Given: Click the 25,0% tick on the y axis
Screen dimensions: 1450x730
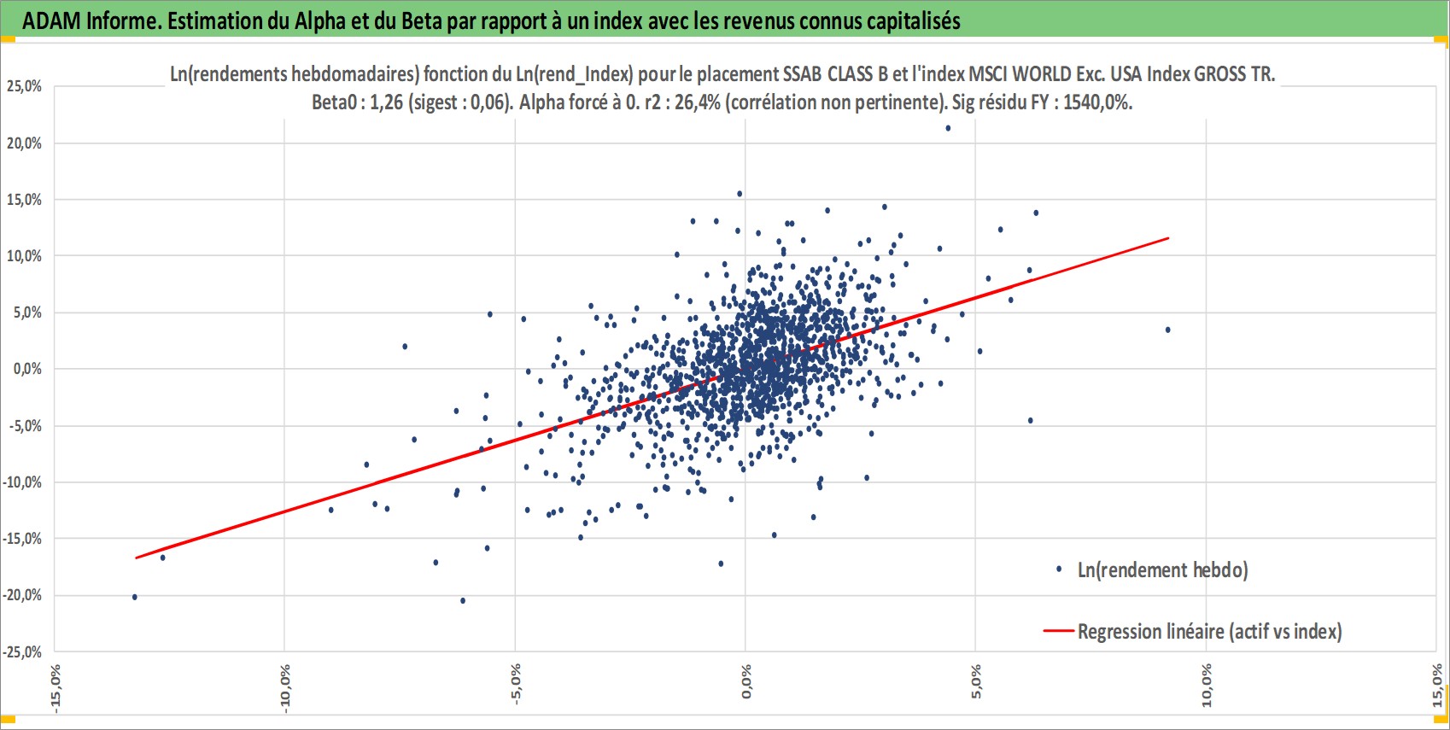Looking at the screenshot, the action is click(24, 86).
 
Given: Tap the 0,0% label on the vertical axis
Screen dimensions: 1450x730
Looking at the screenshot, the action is click(27, 369).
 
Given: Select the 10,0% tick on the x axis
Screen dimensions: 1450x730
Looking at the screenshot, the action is click(1206, 686).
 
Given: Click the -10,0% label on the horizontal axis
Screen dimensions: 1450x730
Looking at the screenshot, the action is click(285, 688).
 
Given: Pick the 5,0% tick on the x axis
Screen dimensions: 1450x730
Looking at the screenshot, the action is click(975, 681).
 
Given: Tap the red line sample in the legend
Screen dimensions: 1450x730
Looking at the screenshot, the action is click(1058, 631).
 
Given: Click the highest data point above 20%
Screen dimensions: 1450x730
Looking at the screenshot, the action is click(949, 128).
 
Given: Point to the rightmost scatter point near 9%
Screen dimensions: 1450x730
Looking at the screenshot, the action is click(1167, 330).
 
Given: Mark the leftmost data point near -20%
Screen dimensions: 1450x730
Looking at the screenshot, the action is click(135, 597).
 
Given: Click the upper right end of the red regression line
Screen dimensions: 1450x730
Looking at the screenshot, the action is click(1168, 238).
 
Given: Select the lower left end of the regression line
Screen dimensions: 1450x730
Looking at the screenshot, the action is click(136, 558).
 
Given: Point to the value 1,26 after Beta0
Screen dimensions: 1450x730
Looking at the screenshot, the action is click(387, 102).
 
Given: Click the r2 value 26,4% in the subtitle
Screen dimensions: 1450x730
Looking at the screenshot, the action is click(698, 102).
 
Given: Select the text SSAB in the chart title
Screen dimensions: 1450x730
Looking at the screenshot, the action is click(803, 74).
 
